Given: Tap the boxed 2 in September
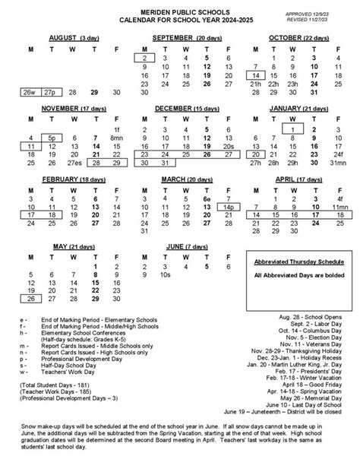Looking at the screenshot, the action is coord(144,59).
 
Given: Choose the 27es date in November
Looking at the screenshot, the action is coord(74,162).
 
